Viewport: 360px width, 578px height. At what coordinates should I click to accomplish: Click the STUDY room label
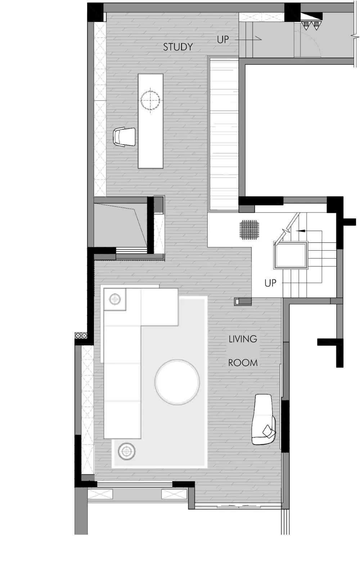pyautogui.click(x=178, y=47)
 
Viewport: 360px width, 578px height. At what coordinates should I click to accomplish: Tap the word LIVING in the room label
pyautogui.click(x=243, y=339)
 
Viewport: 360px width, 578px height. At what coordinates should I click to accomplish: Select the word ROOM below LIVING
pyautogui.click(x=243, y=363)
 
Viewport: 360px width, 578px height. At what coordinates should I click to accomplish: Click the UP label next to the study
pyautogui.click(x=223, y=40)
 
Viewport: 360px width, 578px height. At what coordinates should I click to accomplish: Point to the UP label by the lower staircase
pyautogui.click(x=270, y=283)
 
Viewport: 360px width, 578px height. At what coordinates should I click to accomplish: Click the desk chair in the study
pyautogui.click(x=124, y=137)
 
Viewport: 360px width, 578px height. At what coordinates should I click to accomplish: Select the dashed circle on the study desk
pyautogui.click(x=150, y=100)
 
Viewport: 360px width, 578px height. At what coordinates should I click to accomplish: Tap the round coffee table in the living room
pyautogui.click(x=177, y=382)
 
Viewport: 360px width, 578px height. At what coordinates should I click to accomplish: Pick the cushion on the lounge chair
pyautogui.click(x=268, y=431)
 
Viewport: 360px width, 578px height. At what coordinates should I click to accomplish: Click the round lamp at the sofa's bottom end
pyautogui.click(x=127, y=451)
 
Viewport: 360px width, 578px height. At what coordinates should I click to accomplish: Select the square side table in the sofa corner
pyautogui.click(x=115, y=299)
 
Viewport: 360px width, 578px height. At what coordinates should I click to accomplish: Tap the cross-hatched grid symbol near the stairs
pyautogui.click(x=249, y=230)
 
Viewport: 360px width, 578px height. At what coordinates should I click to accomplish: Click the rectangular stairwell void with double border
pyautogui.click(x=291, y=255)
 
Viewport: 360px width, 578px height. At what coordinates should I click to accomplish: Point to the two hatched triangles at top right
pyautogui.click(x=311, y=26)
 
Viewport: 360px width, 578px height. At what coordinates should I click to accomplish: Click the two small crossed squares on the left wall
pyautogui.click(x=81, y=335)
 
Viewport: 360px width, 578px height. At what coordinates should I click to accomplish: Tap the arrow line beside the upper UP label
pyautogui.click(x=248, y=39)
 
